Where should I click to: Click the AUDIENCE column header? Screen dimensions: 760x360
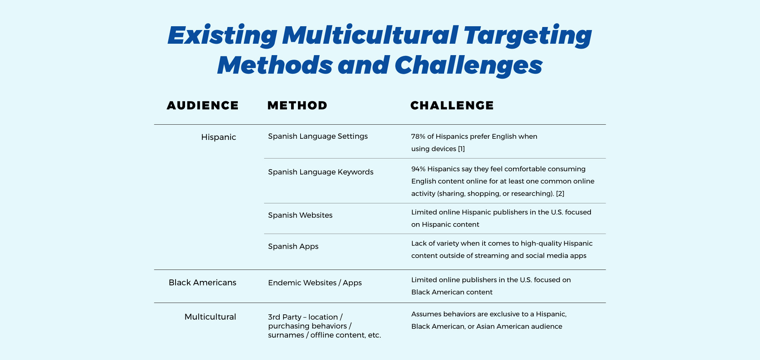tap(203, 105)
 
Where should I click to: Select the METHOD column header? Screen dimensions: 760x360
tap(297, 105)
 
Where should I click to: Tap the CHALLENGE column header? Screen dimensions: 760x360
tap(452, 105)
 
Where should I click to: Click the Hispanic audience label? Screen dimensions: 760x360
tap(218, 137)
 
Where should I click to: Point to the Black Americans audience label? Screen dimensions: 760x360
tap(203, 282)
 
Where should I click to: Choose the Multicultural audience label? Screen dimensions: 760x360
tap(210, 317)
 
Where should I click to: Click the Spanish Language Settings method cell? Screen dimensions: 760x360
tap(318, 136)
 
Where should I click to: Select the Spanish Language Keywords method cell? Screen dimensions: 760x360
tap(321, 172)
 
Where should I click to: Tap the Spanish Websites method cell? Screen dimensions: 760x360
tap(300, 215)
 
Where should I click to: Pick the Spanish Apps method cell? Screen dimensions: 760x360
tap(293, 246)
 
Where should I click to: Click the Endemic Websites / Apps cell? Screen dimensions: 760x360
tap(315, 283)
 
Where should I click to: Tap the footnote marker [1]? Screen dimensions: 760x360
tap(461, 149)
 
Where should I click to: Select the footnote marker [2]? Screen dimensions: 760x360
tap(560, 193)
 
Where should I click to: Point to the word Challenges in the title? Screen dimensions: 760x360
tap(468, 65)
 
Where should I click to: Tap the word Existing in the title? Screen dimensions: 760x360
tap(222, 35)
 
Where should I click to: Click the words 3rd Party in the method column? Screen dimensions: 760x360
tap(284, 317)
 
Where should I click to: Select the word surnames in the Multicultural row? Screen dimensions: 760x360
tap(285, 335)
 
